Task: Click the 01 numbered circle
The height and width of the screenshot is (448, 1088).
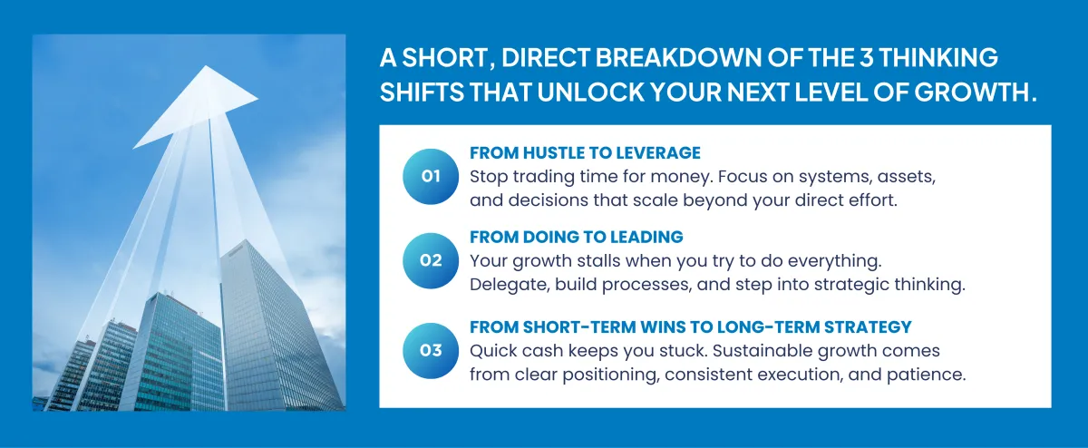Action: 431,176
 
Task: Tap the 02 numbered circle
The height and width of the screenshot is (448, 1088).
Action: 431,261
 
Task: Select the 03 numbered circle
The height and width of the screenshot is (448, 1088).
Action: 431,351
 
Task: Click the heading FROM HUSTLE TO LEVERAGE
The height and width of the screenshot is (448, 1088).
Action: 585,153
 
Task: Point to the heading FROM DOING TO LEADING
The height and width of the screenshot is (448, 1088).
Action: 576,237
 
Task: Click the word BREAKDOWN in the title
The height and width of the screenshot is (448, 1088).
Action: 678,58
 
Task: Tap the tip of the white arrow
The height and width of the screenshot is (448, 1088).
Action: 206,66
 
